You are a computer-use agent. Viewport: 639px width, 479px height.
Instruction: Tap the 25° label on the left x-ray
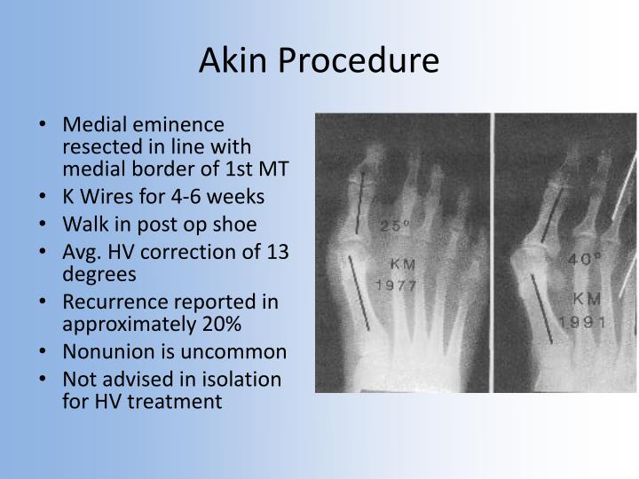point(394,225)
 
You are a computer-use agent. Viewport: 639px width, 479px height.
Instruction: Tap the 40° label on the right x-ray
point(586,260)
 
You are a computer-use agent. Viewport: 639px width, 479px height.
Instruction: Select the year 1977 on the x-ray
point(397,286)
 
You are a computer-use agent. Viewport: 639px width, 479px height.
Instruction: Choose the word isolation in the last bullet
point(242,379)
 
